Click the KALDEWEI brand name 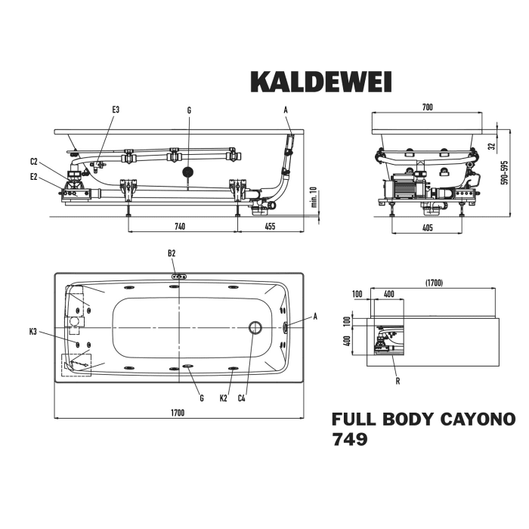320,82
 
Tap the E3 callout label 116,110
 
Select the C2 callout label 34,161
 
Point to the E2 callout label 34,177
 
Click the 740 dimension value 181,226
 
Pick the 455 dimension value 270,226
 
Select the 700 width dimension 427,108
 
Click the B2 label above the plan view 172,253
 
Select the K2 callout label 223,398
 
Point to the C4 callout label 242,398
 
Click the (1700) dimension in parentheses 434,283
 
